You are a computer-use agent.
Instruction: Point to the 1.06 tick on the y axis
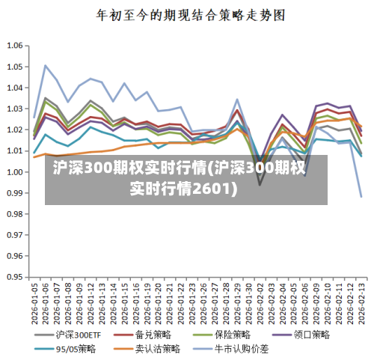click(x=14, y=46)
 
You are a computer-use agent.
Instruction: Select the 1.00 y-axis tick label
click(x=14, y=171)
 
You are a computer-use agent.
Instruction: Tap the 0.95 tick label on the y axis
click(x=14, y=276)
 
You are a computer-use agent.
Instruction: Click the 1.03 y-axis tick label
click(x=14, y=109)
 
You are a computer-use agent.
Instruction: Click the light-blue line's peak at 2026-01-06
click(x=46, y=65)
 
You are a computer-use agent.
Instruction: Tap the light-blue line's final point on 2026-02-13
click(x=361, y=197)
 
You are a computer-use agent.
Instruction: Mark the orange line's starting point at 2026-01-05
click(x=34, y=157)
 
